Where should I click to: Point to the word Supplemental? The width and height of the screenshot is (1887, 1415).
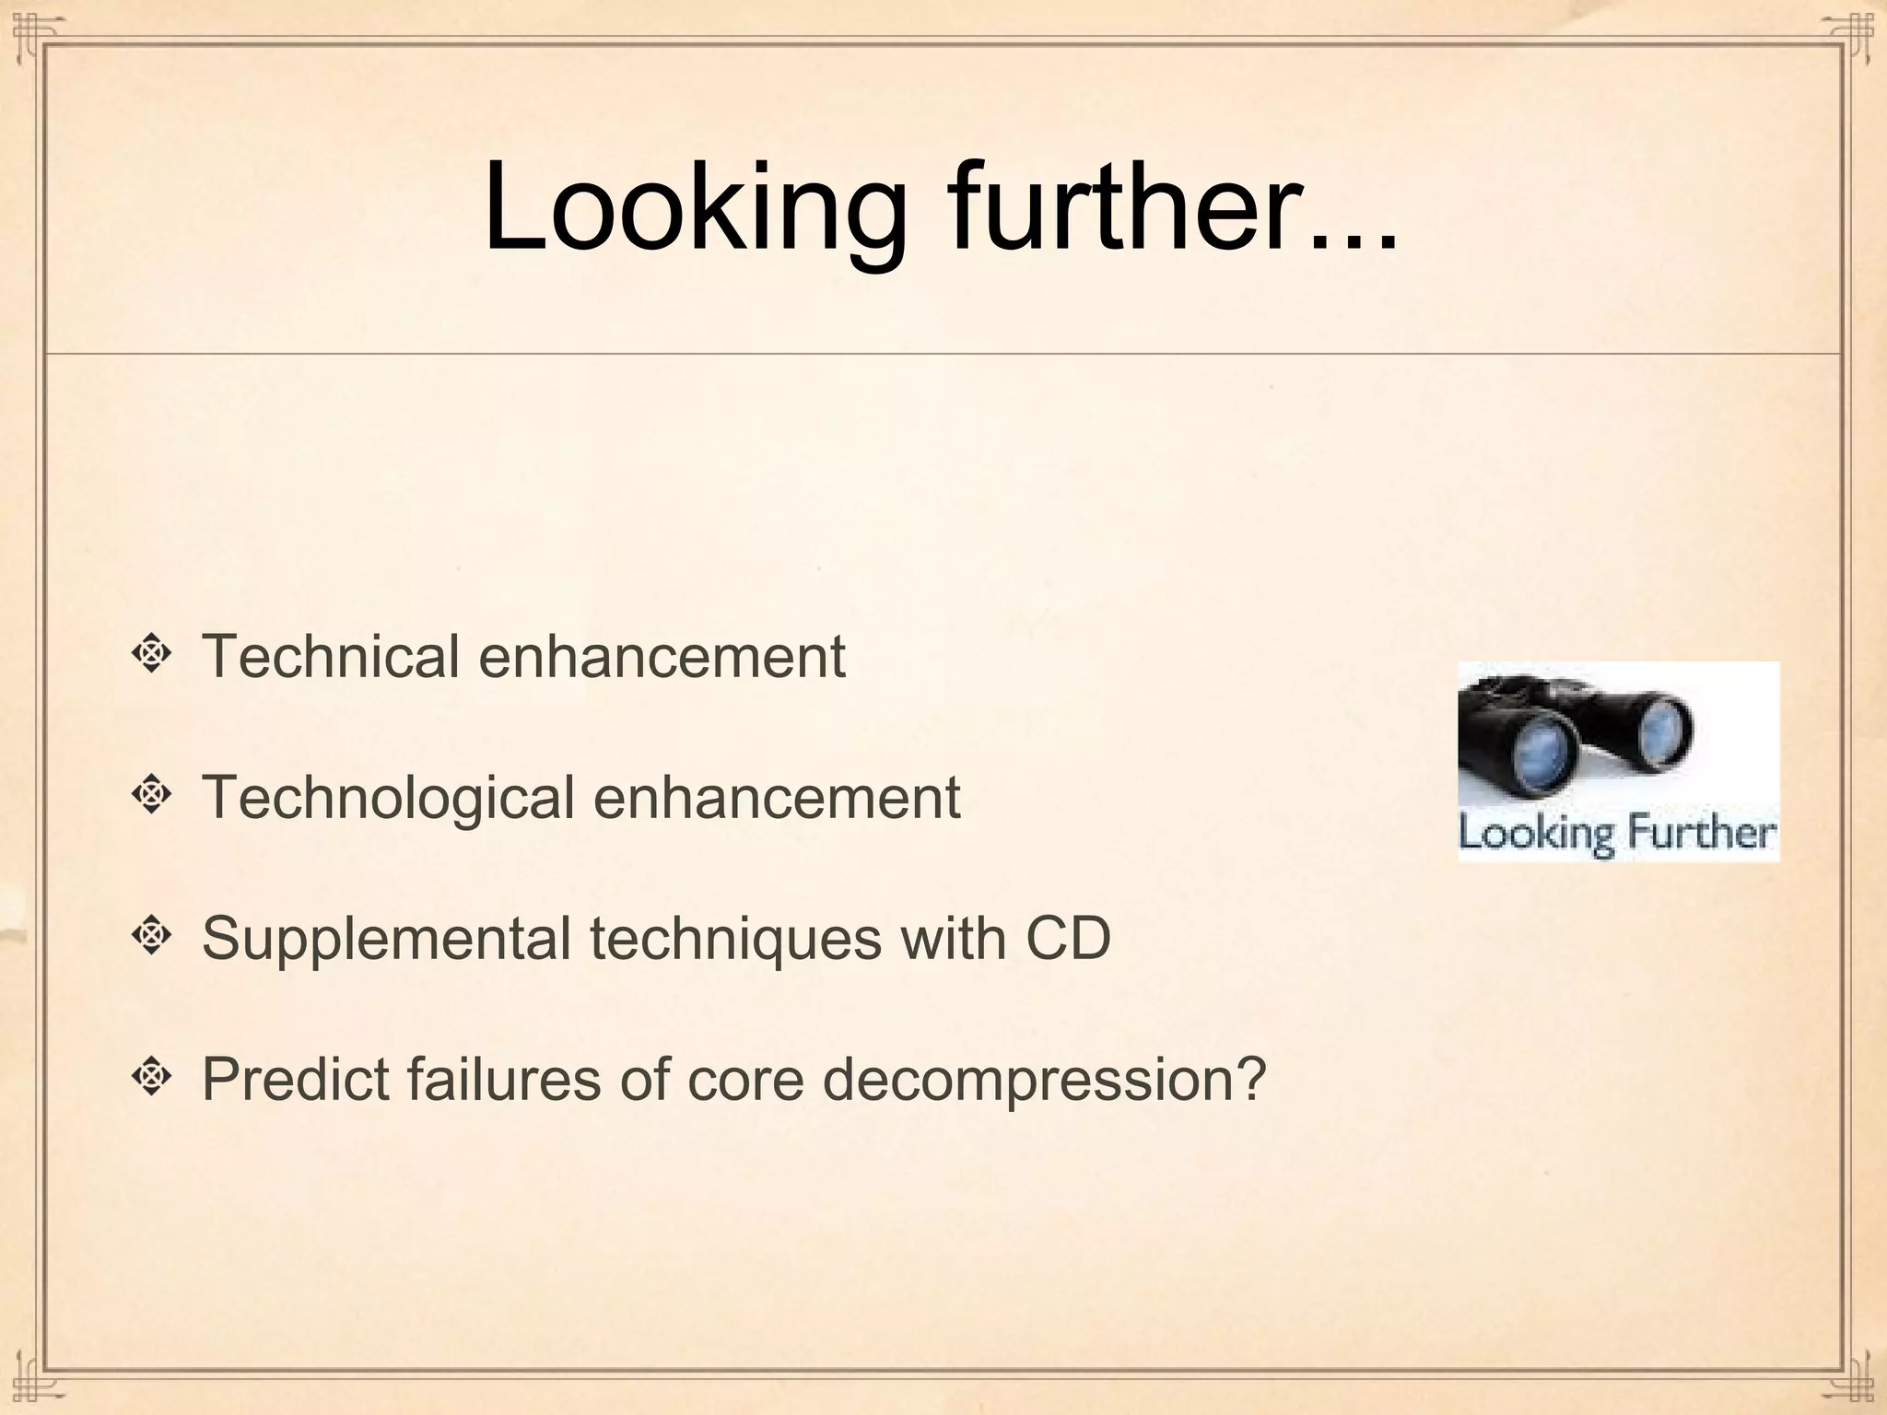386,939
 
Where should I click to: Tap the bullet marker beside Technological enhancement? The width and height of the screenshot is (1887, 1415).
151,795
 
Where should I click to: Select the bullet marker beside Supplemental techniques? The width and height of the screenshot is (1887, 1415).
151,936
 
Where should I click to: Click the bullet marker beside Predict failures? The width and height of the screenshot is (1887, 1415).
151,1076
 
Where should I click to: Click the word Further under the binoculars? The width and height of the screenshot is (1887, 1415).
1697,833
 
